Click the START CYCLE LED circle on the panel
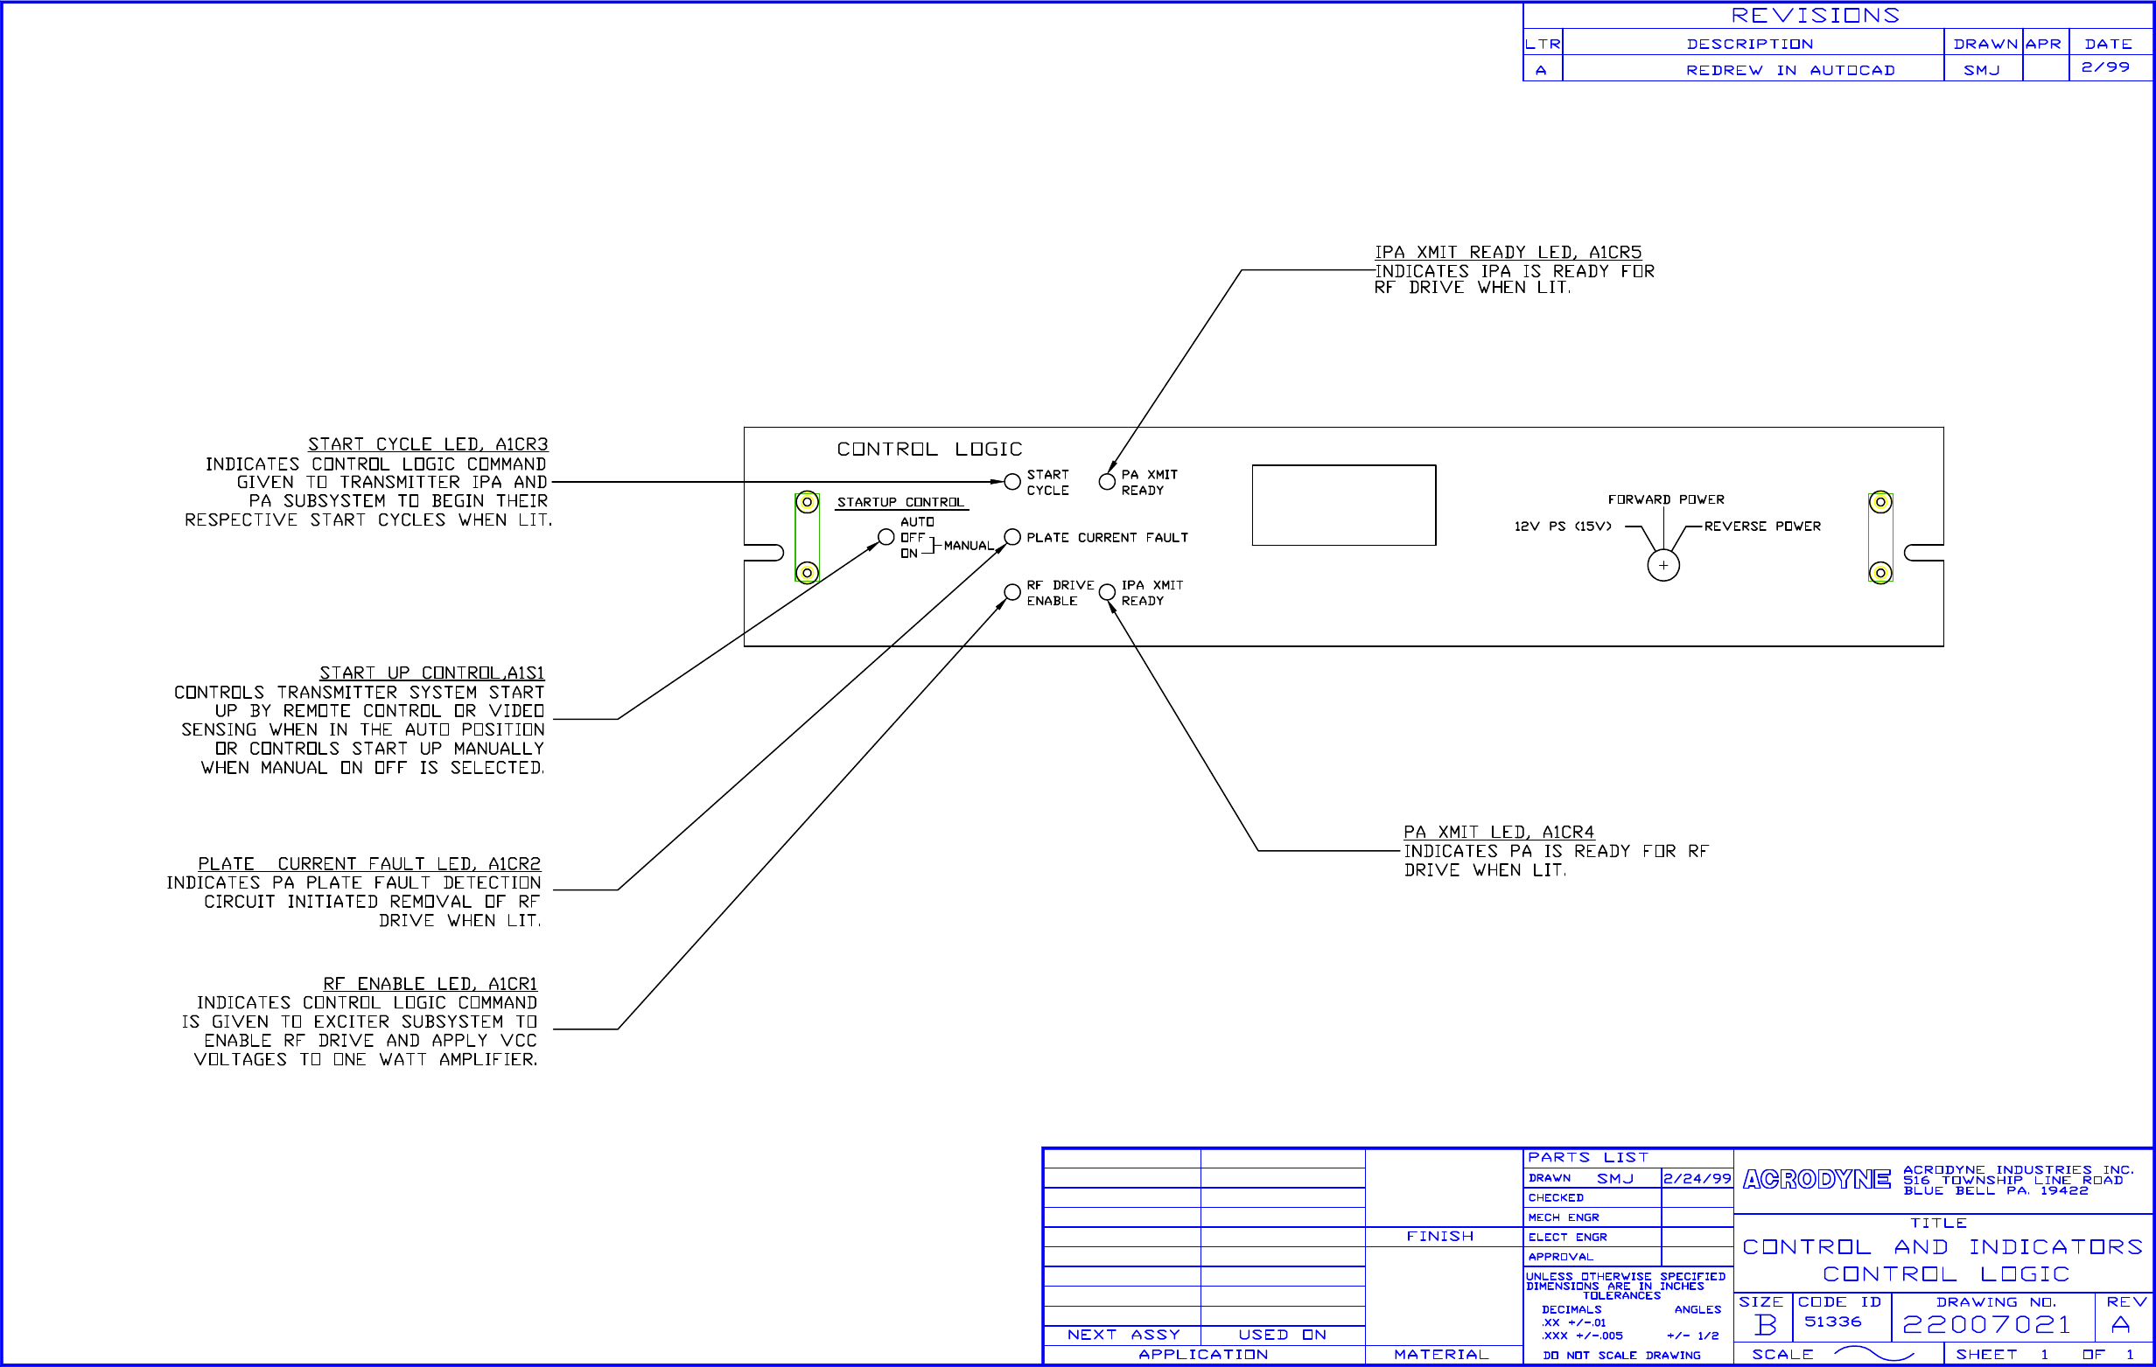[1011, 482]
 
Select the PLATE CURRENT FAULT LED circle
[1011, 537]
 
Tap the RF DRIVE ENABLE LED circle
[1011, 592]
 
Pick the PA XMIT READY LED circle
[1107, 482]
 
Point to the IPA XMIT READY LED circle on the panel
[1107, 592]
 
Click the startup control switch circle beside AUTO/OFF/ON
[885, 537]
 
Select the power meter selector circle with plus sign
[1662, 565]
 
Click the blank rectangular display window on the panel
[1343, 505]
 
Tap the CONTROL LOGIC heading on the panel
[928, 449]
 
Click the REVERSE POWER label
[1761, 527]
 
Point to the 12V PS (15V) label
[1562, 527]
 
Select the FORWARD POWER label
[1665, 499]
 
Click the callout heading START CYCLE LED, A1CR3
[427, 444]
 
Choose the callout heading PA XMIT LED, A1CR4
[1498, 832]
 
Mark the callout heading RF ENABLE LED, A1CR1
[430, 984]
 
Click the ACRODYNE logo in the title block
[1816, 1180]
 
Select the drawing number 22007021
[1986, 1324]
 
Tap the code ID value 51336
[1832, 1322]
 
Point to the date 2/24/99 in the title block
[1697, 1178]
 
